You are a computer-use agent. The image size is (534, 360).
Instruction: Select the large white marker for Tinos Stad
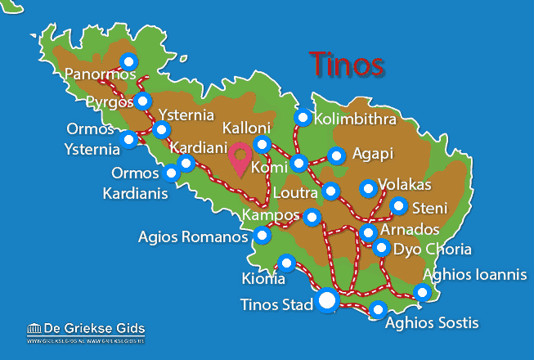[327, 301]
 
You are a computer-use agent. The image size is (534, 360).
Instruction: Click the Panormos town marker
[128, 61]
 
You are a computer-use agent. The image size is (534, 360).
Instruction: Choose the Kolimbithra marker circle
[303, 118]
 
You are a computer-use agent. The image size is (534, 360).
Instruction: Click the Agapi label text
[372, 153]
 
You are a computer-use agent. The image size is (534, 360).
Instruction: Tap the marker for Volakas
[368, 190]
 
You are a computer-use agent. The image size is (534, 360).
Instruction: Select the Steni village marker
[398, 205]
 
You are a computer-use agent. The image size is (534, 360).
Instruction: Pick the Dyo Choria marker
[381, 247]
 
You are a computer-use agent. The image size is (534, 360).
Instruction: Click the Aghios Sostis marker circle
[378, 309]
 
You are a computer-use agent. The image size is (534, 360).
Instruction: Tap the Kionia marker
[287, 263]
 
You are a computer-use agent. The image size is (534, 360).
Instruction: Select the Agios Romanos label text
[193, 238]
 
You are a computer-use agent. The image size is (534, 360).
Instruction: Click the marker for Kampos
[312, 218]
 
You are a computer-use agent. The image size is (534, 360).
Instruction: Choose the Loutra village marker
[330, 191]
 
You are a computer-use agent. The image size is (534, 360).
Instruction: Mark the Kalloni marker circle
[263, 145]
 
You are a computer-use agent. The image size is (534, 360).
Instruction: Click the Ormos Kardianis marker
[172, 173]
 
